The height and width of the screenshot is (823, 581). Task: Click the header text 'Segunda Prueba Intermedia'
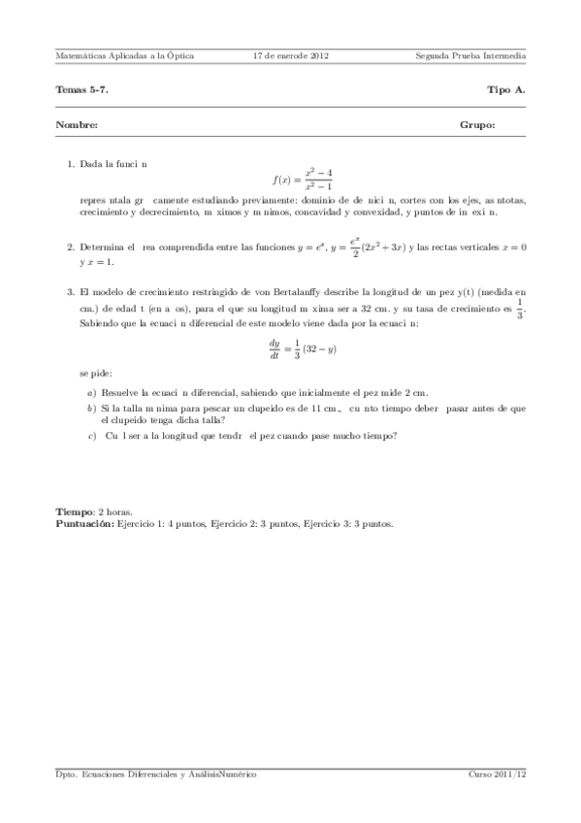[469, 56]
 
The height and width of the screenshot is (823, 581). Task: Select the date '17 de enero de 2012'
[290, 56]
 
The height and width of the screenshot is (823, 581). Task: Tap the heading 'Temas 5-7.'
[82, 89]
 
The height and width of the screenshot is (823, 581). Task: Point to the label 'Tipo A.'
[506, 89]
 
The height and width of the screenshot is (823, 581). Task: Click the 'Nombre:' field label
[77, 125]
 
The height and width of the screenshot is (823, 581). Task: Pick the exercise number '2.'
[72, 248]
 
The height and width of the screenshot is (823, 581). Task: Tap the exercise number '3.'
[72, 291]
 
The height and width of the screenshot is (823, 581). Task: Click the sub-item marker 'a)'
[91, 393]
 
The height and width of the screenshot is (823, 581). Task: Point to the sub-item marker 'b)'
[91, 410]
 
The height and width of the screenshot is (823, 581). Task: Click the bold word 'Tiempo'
[75, 511]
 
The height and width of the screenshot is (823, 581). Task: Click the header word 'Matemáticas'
[81, 56]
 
